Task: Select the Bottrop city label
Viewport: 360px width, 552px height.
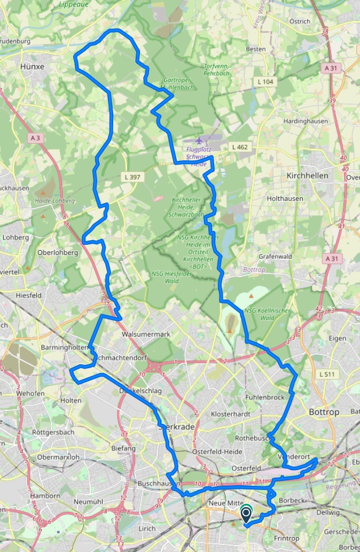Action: click(x=324, y=412)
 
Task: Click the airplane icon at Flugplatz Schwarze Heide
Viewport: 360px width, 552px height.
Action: click(x=199, y=141)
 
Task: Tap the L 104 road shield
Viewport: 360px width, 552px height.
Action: click(x=265, y=82)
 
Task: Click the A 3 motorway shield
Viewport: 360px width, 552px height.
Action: click(x=35, y=138)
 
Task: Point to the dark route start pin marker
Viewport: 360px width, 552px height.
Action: click(x=246, y=515)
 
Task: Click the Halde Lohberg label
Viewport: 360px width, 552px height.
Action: click(x=54, y=201)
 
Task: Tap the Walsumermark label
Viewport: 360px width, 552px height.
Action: click(x=146, y=334)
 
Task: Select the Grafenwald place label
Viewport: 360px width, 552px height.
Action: click(x=275, y=256)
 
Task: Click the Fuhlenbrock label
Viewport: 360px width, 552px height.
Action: click(x=265, y=398)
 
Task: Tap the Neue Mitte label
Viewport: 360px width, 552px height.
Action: click(x=226, y=504)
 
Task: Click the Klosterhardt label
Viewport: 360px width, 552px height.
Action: click(x=231, y=414)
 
